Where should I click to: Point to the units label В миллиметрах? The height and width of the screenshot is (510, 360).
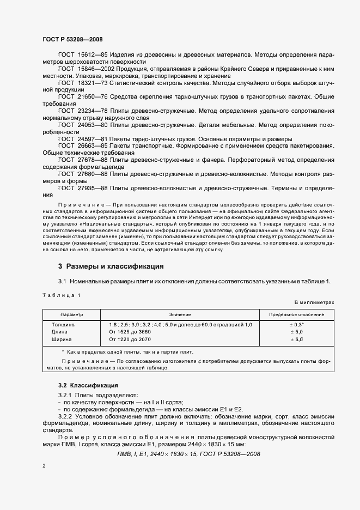pyautogui.click(x=314, y=301)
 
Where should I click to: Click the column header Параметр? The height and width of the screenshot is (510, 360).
pyautogui.click(x=71, y=314)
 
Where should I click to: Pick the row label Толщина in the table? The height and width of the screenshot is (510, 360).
pyautogui.click(x=63, y=325)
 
